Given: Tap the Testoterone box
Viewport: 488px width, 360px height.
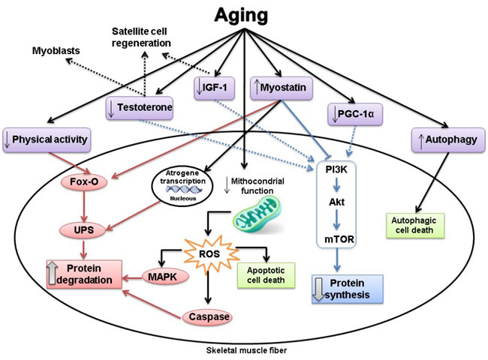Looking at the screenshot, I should click(141, 109).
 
